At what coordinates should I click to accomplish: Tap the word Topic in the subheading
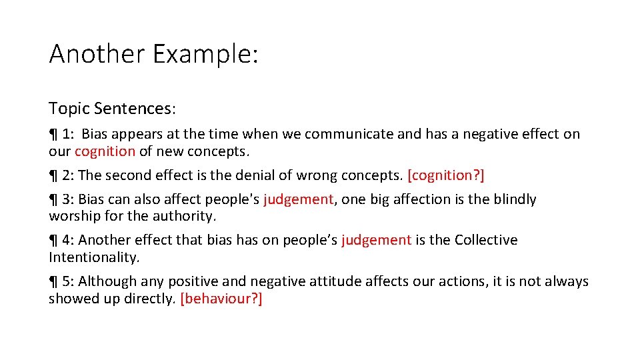(x=69, y=108)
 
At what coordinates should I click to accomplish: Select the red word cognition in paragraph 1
(x=105, y=151)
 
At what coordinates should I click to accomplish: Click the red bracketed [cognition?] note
(x=446, y=175)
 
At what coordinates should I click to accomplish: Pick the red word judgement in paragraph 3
(x=298, y=199)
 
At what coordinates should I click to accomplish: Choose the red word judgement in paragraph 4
(x=376, y=240)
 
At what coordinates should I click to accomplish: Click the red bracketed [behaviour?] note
(x=221, y=299)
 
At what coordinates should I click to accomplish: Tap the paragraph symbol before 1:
(x=53, y=135)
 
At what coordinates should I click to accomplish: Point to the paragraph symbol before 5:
(x=53, y=282)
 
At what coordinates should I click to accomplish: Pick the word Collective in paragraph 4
(x=486, y=240)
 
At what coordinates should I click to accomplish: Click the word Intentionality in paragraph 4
(x=93, y=257)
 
